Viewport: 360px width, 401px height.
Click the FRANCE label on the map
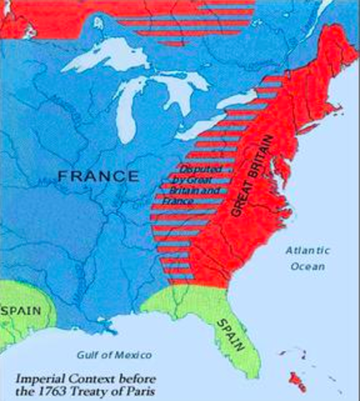[99, 176]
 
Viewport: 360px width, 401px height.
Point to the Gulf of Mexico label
[111, 353]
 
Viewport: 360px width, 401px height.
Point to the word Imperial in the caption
[40, 375]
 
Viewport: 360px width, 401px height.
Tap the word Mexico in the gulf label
[132, 353]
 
